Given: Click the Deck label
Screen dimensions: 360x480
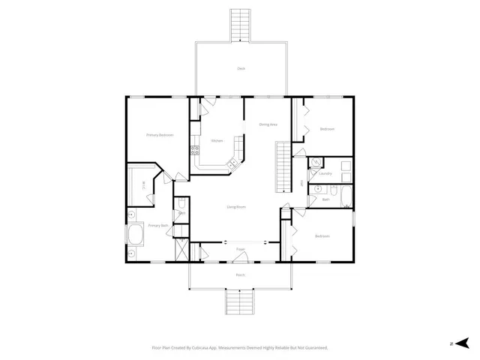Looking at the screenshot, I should point(241,68).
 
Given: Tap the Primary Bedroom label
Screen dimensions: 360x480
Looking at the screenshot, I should point(159,135).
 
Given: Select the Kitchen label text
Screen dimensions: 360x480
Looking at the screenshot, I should point(217,140).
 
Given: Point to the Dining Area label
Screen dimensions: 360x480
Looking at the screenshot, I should point(268,124).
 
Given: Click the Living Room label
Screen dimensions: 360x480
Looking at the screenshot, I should point(237,206).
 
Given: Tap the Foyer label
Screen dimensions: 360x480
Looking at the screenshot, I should point(241,248).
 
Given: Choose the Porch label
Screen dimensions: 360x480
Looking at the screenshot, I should point(241,274).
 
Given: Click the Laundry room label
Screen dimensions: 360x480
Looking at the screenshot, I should point(325,173).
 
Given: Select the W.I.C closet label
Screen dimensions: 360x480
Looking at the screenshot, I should point(142,186).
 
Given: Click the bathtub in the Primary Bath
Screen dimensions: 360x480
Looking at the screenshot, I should point(136,235).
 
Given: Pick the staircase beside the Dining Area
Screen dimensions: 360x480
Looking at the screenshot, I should point(283,166).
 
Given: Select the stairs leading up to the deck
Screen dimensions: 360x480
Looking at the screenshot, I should point(241,24).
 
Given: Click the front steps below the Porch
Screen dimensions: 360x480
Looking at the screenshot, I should point(240,303).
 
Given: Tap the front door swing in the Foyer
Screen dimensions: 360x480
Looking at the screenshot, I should point(241,257).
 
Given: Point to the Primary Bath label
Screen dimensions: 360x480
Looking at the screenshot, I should point(158,225).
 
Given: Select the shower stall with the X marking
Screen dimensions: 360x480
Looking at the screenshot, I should point(180,250).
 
